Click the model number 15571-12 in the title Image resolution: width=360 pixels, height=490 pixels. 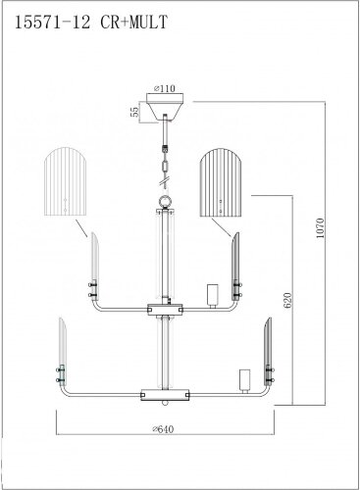pyautogui.click(x=52, y=23)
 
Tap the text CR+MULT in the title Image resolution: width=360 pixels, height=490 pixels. pyautogui.click(x=134, y=23)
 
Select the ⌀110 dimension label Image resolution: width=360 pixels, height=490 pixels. pyautogui.click(x=165, y=88)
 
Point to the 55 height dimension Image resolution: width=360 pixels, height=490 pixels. pyautogui.click(x=134, y=112)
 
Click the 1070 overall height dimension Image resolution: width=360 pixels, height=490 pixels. pyautogui.click(x=320, y=228)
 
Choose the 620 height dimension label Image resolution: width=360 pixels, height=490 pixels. pyautogui.click(x=287, y=300)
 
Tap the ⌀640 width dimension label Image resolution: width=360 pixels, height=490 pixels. pyautogui.click(x=163, y=429)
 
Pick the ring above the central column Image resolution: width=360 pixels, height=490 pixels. pyautogui.click(x=165, y=201)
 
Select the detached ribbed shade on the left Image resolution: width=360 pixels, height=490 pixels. pyautogui.click(x=66, y=181)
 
